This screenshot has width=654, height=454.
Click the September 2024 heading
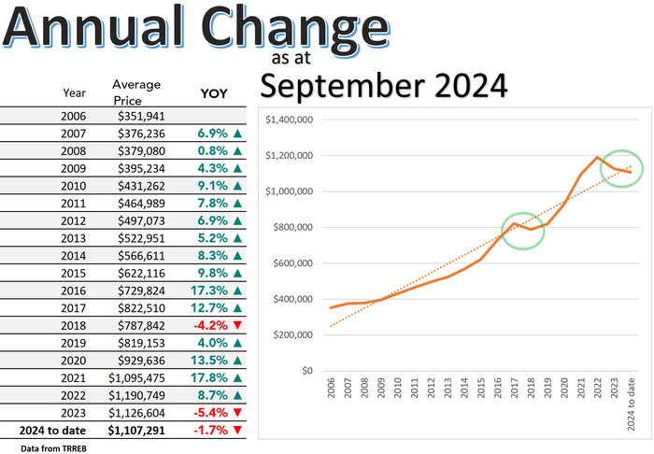click(x=383, y=86)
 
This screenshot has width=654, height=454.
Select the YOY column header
click(x=214, y=93)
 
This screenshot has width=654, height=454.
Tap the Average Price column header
click(x=136, y=91)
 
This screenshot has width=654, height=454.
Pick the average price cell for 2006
click(x=143, y=117)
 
